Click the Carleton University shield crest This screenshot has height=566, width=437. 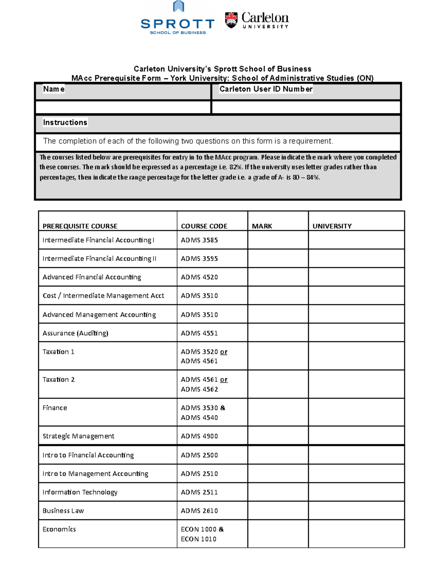(x=231, y=20)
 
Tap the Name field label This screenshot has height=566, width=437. (x=54, y=89)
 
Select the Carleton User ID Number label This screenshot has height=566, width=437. (x=265, y=89)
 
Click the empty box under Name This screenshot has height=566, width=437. (x=123, y=107)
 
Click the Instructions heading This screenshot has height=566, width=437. (x=65, y=122)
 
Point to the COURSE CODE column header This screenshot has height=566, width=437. (x=204, y=226)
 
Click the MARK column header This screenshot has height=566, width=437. (x=262, y=226)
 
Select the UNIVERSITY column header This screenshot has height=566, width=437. (x=332, y=226)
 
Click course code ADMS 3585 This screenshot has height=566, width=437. (x=199, y=240)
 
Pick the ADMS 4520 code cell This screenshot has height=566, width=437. (x=199, y=277)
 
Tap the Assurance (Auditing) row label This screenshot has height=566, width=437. (x=75, y=333)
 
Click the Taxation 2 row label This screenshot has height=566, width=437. (x=58, y=379)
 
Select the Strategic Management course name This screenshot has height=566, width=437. (x=78, y=436)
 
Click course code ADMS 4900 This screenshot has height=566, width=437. (x=199, y=436)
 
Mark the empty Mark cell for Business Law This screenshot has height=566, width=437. (x=277, y=511)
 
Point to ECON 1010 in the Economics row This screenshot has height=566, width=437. (x=198, y=539)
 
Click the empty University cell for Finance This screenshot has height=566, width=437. (x=356, y=413)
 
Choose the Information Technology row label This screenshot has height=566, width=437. (x=80, y=492)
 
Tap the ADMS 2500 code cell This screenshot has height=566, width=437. (x=199, y=455)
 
